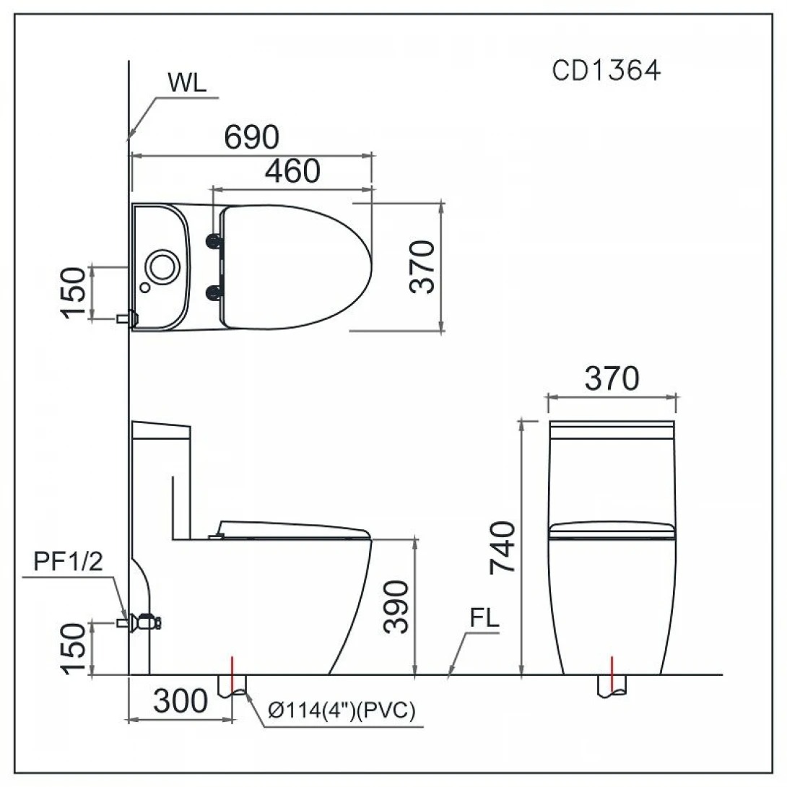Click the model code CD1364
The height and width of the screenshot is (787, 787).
[x=606, y=71]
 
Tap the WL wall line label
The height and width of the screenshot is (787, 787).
[x=187, y=82]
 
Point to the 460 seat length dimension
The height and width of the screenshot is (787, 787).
[x=292, y=171]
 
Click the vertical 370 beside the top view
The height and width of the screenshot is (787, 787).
[x=423, y=266]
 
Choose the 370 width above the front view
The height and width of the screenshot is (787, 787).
[x=612, y=378]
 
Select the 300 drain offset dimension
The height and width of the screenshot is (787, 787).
[x=181, y=700]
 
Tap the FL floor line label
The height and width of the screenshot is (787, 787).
[x=484, y=619]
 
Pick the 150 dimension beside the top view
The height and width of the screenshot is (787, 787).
[x=75, y=292]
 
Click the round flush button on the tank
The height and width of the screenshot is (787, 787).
[x=160, y=266]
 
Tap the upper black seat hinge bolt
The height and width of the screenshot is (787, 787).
[x=214, y=240]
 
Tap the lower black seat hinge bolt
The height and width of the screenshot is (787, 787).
[x=214, y=292]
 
